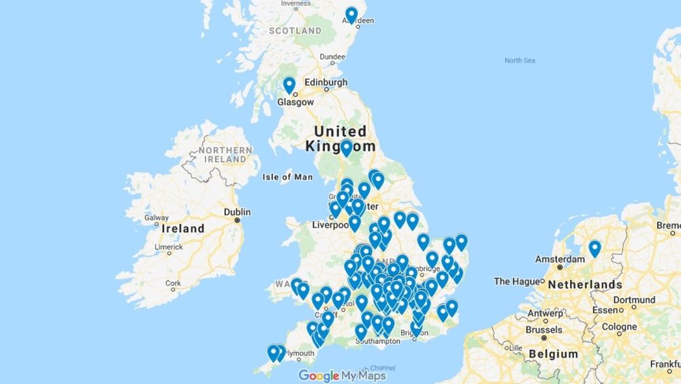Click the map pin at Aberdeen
pyautogui.click(x=351, y=15)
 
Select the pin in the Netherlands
pyautogui.click(x=595, y=248)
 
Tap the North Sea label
pyautogui.click(x=520, y=61)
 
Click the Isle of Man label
pyautogui.click(x=287, y=177)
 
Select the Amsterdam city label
pyautogui.click(x=560, y=259)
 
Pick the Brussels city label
pyautogui.click(x=544, y=329)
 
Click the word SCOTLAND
pyautogui.click(x=295, y=31)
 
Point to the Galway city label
pyautogui.click(x=156, y=218)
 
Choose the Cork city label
pyautogui.click(x=173, y=283)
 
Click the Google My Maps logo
pyautogui.click(x=342, y=376)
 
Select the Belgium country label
pyautogui.click(x=553, y=354)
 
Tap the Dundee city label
pyautogui.click(x=332, y=57)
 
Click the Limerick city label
pyautogui.click(x=168, y=247)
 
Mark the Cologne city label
pyautogui.click(x=618, y=327)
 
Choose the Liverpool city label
pyautogui.click(x=315, y=224)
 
